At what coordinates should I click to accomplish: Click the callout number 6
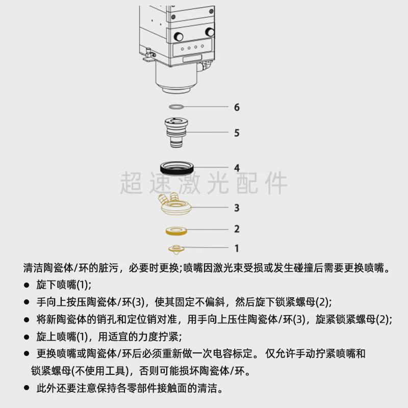(237, 108)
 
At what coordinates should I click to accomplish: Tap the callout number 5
(237, 133)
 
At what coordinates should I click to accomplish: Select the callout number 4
(237, 168)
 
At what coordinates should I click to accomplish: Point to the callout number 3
(237, 208)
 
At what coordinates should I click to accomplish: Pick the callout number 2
(237, 229)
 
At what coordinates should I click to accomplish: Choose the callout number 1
(237, 248)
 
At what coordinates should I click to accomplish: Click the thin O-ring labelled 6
(177, 107)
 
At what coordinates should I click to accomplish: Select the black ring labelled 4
(177, 167)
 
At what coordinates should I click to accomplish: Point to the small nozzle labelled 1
(177, 248)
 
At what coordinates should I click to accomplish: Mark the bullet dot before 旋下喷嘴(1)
(27, 285)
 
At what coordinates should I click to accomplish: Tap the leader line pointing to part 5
(209, 133)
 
